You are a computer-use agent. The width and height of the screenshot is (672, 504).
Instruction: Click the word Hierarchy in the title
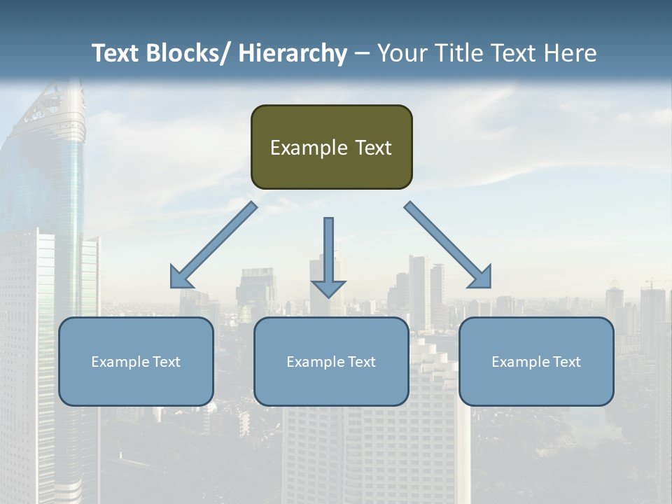click(x=293, y=53)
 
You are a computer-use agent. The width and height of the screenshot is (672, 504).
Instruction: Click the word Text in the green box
click(x=373, y=148)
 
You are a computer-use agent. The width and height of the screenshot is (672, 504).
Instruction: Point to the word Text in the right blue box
click(x=566, y=362)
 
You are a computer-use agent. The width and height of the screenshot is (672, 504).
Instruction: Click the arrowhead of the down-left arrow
click(x=181, y=278)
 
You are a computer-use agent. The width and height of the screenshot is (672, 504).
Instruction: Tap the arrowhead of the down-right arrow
click(x=481, y=278)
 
